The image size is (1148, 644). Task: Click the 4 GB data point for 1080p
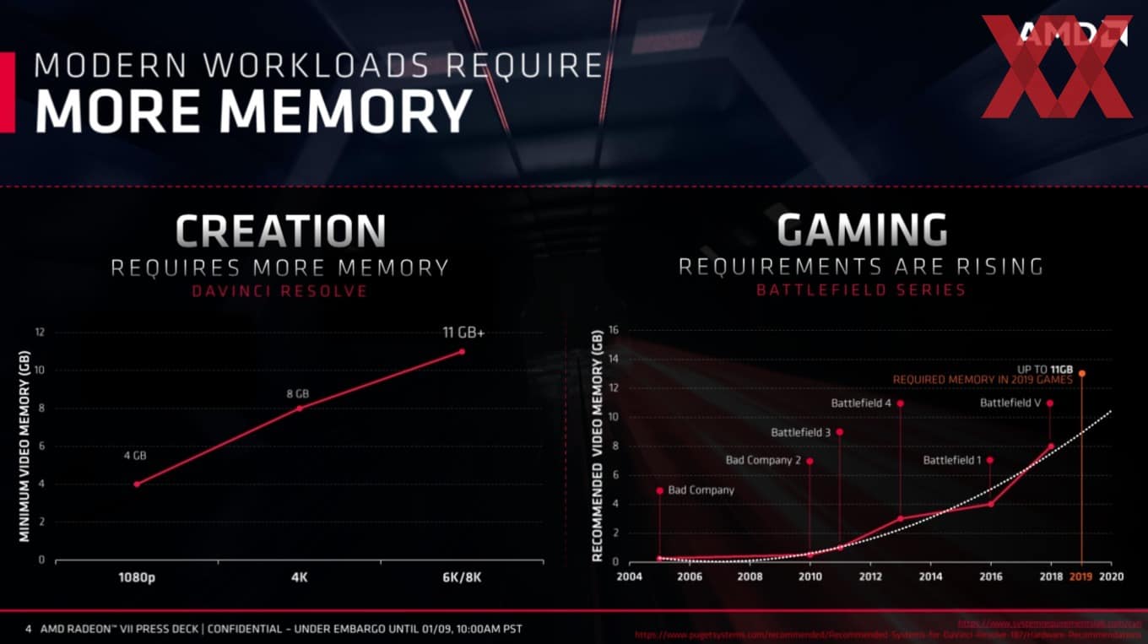coord(137,484)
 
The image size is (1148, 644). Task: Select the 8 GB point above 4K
coord(299,408)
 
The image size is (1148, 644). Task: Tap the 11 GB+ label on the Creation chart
coord(463,333)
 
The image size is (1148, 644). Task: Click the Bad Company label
coord(701,490)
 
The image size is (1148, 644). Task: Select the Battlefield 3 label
coord(800,432)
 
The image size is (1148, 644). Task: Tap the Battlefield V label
coord(1010,403)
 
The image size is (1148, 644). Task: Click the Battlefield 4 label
coord(861,403)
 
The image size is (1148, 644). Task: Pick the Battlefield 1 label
coord(951,460)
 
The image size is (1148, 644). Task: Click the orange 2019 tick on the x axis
coord(1081,576)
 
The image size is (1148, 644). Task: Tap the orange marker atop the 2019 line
coord(1082,373)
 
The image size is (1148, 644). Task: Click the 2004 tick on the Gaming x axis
coord(629,576)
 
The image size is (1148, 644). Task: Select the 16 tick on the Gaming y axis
coord(614,330)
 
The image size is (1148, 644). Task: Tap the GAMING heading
coord(861,230)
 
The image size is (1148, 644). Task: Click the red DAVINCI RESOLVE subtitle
coord(279,291)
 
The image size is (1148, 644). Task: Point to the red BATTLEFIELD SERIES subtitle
coord(860,290)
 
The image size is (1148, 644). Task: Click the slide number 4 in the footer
coord(29,629)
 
